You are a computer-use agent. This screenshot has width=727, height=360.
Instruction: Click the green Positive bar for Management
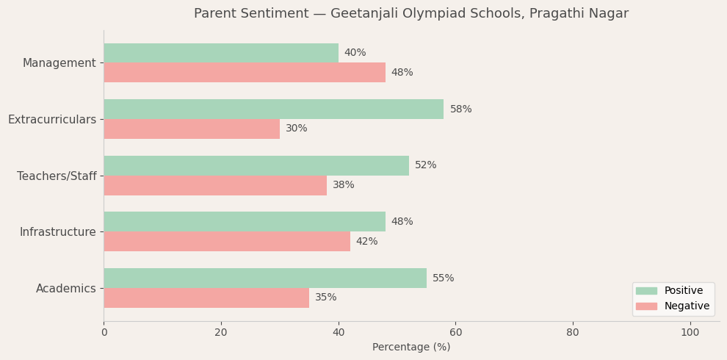[x=220, y=53]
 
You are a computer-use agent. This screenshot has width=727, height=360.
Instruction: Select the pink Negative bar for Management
[x=244, y=73]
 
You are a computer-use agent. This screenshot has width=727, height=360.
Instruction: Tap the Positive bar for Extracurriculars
[x=273, y=109]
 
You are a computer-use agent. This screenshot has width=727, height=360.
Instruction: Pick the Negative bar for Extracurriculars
[x=191, y=129]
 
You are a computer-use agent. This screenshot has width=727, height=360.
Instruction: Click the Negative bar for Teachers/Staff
[x=214, y=185]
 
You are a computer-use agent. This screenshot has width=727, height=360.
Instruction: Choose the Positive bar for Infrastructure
[x=244, y=222]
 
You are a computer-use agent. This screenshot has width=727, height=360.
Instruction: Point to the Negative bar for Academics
[x=206, y=298]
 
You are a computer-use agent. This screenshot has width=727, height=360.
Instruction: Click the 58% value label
[x=460, y=109]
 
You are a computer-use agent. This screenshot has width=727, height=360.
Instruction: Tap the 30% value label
[x=296, y=129]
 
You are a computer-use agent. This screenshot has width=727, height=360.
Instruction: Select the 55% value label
[x=443, y=278]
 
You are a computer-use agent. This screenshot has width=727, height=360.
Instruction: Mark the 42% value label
[x=366, y=242]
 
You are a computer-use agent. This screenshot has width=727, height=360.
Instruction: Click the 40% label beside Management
[x=355, y=53]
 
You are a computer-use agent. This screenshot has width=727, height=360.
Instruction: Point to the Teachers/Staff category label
[x=57, y=176]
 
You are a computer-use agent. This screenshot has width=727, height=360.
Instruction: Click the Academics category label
[x=65, y=289]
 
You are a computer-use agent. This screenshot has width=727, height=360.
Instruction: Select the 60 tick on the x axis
[x=455, y=333]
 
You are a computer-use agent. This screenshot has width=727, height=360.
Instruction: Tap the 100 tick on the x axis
[x=690, y=333]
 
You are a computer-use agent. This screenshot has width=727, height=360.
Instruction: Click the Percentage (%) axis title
[x=411, y=348]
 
